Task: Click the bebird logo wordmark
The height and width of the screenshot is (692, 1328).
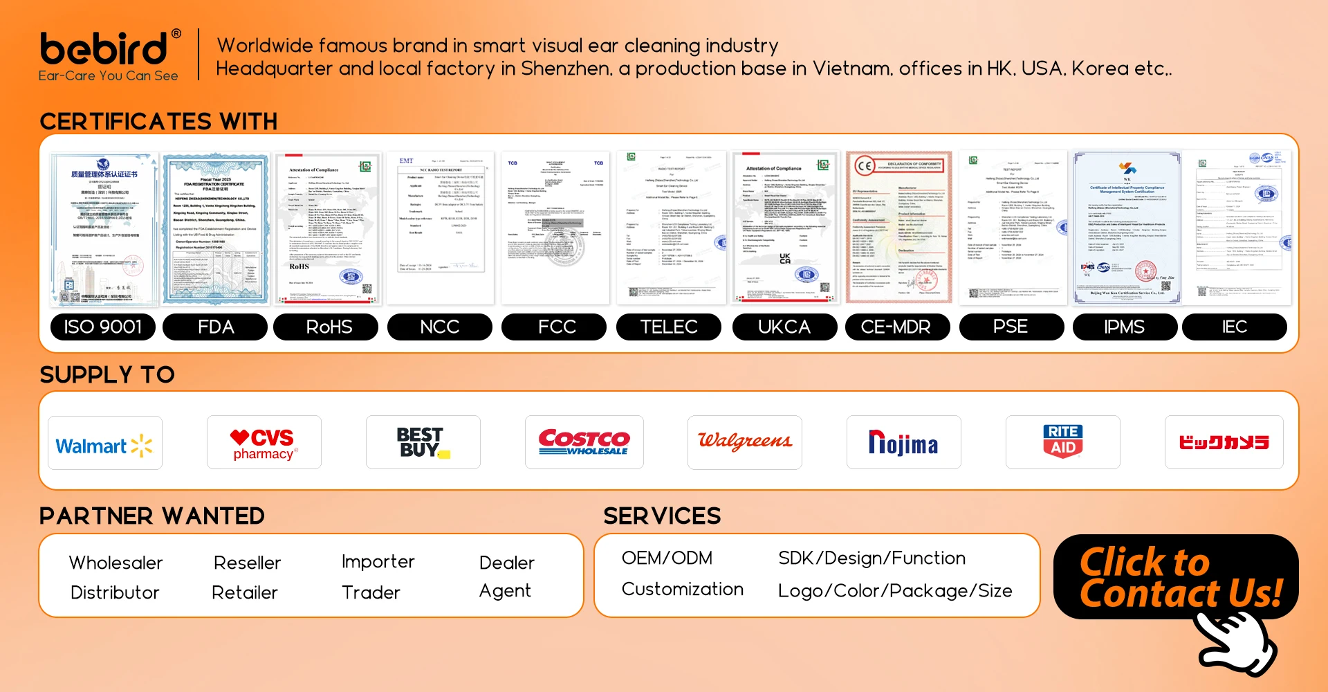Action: [104, 49]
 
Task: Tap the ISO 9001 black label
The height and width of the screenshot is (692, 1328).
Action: [103, 327]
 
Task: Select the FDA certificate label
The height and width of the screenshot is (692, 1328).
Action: [215, 327]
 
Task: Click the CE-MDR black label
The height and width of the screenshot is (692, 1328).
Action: [896, 327]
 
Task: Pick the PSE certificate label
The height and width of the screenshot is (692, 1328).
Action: [1011, 327]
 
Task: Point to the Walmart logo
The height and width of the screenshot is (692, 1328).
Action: [104, 444]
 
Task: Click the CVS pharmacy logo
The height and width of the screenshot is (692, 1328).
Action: [264, 444]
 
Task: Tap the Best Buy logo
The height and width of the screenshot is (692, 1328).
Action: [423, 443]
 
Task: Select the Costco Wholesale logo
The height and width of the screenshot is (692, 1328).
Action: [584, 442]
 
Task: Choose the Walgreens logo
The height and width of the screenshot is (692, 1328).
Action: [744, 442]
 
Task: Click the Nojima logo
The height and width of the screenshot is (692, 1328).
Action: [903, 443]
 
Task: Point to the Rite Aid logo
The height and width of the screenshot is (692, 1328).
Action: [1062, 441]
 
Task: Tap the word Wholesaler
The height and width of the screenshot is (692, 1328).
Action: [116, 563]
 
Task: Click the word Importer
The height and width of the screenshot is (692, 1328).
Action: [378, 562]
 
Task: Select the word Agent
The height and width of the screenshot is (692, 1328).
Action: [505, 591]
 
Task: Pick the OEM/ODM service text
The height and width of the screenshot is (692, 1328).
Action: [667, 558]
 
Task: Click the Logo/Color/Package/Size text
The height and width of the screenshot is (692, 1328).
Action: [895, 591]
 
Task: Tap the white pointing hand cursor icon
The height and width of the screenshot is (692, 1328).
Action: [1237, 642]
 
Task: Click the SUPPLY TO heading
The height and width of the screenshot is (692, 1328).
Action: [107, 375]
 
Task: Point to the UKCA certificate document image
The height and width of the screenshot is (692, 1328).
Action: [785, 228]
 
